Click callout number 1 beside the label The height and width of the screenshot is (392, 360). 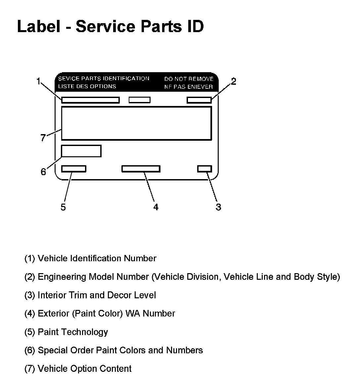click(38, 81)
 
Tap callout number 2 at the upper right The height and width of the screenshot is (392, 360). click(233, 81)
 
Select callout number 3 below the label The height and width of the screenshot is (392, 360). click(218, 207)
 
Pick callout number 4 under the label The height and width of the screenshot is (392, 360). click(156, 207)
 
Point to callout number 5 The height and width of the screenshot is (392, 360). click(63, 207)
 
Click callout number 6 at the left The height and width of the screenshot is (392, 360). click(43, 172)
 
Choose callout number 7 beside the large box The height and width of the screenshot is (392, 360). click(43, 138)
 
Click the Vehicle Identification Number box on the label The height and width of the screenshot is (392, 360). click(90, 100)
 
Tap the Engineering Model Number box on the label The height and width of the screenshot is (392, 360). click(199, 100)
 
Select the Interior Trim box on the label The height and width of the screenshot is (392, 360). click(204, 169)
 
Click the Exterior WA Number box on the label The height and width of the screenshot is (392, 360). click(141, 169)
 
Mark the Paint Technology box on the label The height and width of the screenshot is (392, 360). click(74, 169)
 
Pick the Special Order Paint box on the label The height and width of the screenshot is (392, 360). click(81, 151)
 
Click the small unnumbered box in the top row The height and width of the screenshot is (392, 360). click(139, 100)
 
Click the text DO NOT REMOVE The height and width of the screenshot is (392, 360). click(189, 79)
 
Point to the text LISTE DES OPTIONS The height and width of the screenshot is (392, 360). click(87, 86)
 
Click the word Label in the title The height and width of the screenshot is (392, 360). click(38, 26)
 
